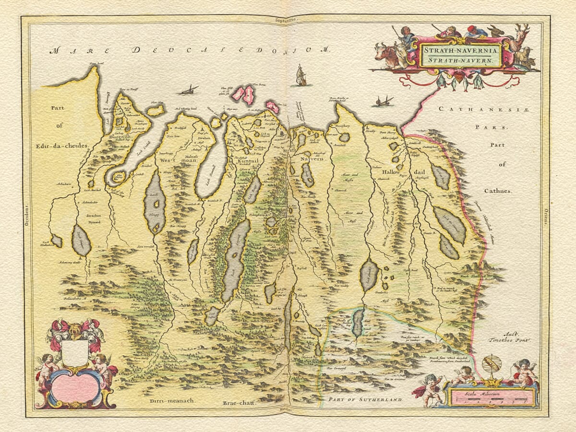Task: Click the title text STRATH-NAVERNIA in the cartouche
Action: (461, 49)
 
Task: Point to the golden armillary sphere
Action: (491, 368)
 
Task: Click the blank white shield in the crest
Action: (75, 353)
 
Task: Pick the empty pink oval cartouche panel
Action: (75, 387)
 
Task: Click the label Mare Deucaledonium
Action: (192, 50)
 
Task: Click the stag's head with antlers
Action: (519, 36)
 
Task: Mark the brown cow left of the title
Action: (388, 55)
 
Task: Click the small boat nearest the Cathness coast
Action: (384, 101)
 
